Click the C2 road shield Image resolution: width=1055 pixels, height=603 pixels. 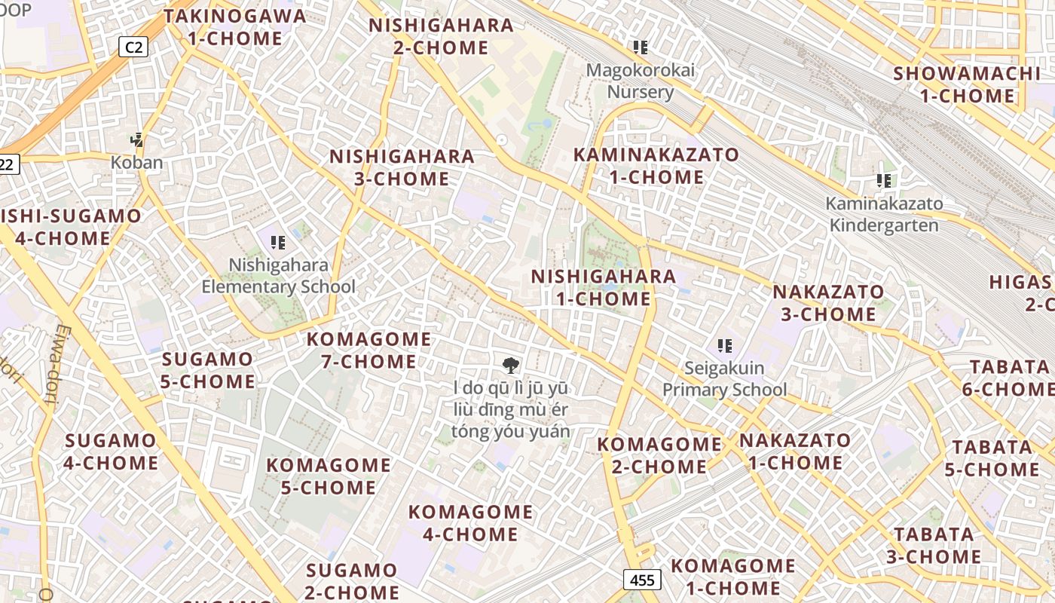133,47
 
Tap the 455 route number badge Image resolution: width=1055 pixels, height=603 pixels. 642,580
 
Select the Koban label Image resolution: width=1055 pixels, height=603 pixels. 136,162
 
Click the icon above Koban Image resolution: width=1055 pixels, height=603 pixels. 136,139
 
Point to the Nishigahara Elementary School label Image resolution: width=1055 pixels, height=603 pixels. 278,276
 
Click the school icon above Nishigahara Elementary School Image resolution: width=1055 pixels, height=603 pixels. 278,243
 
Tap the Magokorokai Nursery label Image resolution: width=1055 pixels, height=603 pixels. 641,81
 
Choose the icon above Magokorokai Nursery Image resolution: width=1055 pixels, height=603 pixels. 641,47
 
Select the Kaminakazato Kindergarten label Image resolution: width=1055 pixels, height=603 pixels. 884,214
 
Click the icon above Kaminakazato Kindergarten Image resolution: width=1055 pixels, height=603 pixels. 884,181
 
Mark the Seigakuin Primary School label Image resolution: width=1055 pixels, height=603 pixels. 724,379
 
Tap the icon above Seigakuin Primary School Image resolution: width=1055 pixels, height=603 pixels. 725,346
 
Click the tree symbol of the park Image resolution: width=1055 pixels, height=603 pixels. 511,366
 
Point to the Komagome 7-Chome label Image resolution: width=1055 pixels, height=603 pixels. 368,350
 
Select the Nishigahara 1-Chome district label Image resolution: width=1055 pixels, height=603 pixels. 604,287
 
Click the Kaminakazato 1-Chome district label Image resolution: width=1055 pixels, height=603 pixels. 656,166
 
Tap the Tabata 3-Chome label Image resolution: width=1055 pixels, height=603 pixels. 934,546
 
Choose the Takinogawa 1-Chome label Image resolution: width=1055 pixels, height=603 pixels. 234,27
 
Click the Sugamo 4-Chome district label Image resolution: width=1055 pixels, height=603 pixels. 111,451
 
